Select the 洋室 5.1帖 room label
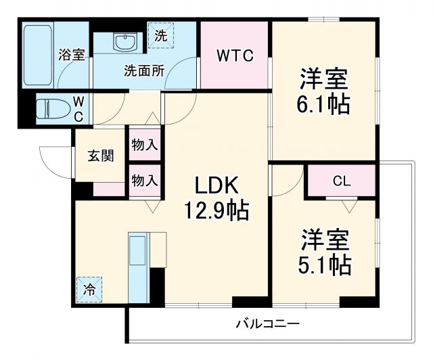pos(325,252)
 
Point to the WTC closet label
pos(235,57)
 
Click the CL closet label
pos(342,181)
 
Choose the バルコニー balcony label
pos(267,323)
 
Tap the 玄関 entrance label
pos(100,155)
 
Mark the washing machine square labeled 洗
pos(160,35)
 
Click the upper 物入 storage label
pos(145,144)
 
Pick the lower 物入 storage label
pos(145,180)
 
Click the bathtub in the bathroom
pos(38,55)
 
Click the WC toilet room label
pos(78,108)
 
